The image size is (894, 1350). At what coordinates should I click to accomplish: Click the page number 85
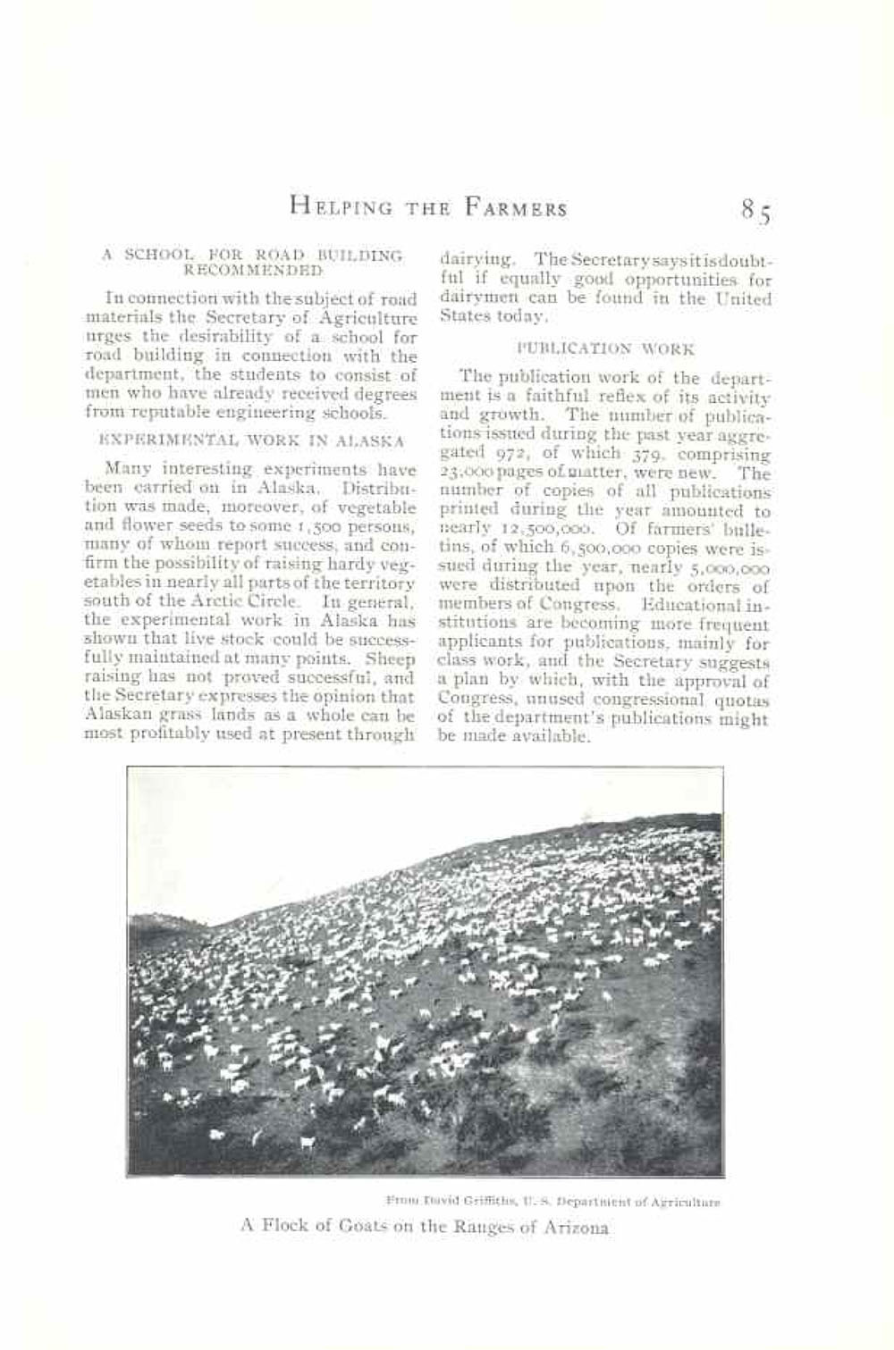755,211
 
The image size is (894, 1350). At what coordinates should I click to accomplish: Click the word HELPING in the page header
341,208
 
